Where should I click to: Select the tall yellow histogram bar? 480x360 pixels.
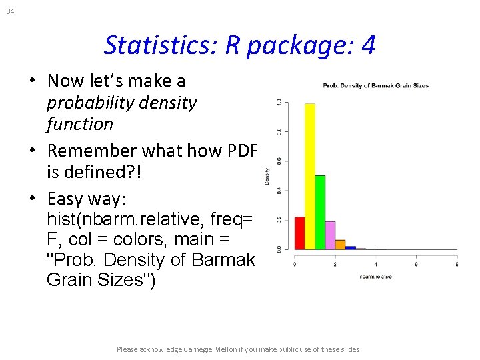(309, 177)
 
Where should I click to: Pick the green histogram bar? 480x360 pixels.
(320, 212)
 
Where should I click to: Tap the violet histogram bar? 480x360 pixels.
(330, 235)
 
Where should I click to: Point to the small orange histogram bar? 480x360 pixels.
(340, 245)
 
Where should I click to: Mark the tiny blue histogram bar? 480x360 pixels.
(351, 247)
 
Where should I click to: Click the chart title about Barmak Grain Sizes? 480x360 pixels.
(375, 85)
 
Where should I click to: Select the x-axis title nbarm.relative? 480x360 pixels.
(375, 276)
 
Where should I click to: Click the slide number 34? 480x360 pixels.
(9, 11)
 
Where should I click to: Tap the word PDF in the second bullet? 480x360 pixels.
(241, 151)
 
